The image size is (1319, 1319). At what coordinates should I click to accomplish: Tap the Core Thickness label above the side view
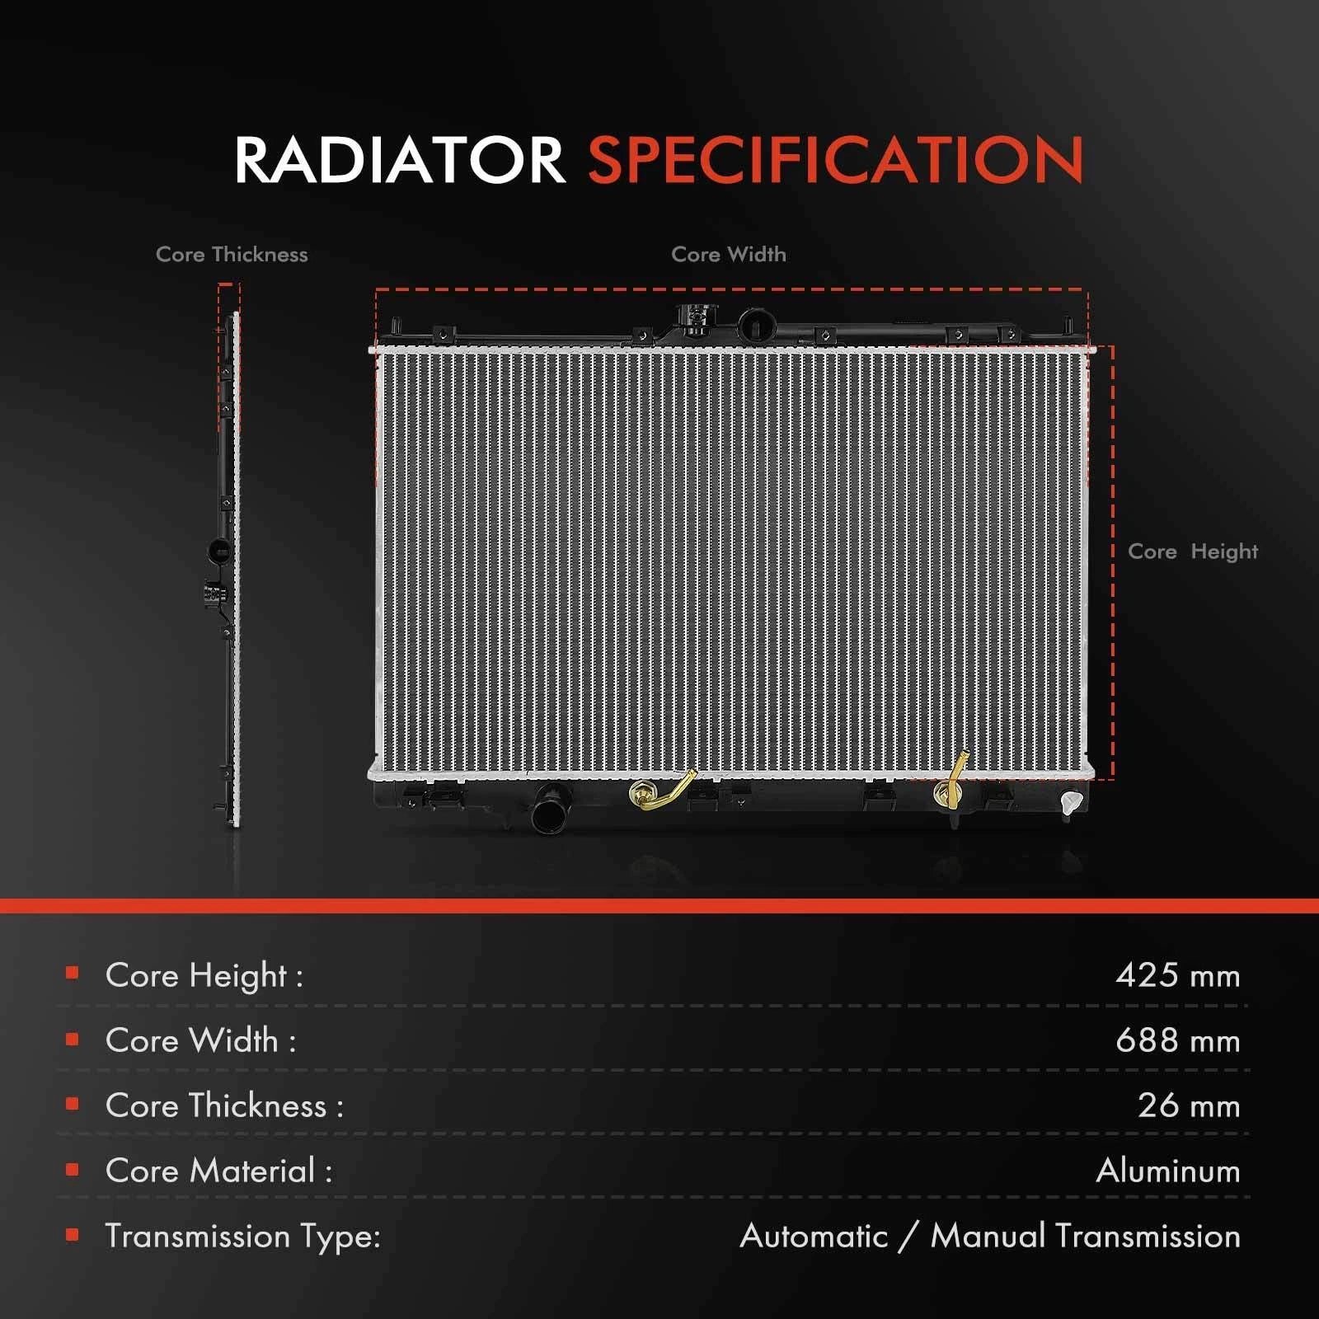click(232, 255)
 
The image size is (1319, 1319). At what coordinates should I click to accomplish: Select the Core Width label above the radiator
click(729, 255)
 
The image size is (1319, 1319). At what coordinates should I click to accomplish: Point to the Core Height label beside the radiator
click(1193, 552)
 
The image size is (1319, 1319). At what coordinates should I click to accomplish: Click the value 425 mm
click(1177, 975)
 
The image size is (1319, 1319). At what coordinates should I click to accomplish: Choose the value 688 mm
click(1177, 1040)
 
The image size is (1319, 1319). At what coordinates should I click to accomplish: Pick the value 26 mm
click(1189, 1105)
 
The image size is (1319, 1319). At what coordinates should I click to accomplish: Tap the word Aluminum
click(1168, 1171)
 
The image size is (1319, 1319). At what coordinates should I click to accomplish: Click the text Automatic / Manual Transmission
click(990, 1236)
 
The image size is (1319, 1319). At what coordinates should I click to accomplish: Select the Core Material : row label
click(219, 1171)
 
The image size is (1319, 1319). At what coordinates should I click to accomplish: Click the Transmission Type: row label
click(243, 1237)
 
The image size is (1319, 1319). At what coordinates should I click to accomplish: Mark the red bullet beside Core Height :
click(72, 974)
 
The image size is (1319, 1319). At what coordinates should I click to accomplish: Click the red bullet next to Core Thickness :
click(72, 1104)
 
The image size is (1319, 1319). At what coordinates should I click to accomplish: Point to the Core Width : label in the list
click(201, 1040)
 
